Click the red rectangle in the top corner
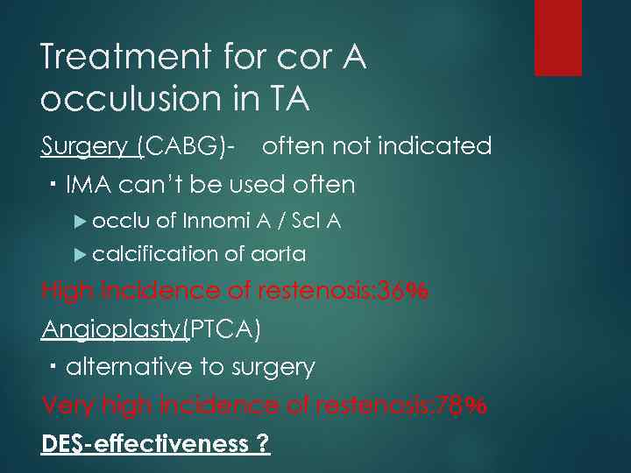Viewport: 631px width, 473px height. [558, 37]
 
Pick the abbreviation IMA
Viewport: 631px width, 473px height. [90, 185]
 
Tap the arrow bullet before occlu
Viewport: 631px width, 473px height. [81, 222]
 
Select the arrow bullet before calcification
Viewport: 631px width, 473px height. [81, 255]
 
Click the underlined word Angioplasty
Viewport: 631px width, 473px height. [112, 330]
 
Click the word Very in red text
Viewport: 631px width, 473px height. [68, 406]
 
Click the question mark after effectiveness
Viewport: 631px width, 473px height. [263, 444]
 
